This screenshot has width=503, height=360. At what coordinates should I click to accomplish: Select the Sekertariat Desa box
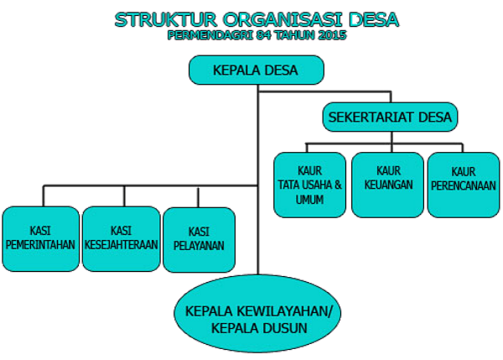point(391,117)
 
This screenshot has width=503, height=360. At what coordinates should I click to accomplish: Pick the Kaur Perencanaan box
point(464,184)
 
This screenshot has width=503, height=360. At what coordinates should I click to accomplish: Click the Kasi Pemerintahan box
point(39,237)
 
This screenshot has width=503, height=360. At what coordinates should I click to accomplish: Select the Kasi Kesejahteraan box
point(120,237)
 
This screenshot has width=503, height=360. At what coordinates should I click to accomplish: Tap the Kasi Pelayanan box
point(199,239)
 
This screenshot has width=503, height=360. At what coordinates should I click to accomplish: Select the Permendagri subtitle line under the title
point(257,35)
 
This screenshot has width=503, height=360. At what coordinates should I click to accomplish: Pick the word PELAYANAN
point(199,247)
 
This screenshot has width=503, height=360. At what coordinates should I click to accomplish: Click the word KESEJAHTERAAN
point(120,245)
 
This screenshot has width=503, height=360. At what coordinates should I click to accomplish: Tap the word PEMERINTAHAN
point(39,245)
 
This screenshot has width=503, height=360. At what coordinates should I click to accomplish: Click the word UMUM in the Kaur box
point(309,200)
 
